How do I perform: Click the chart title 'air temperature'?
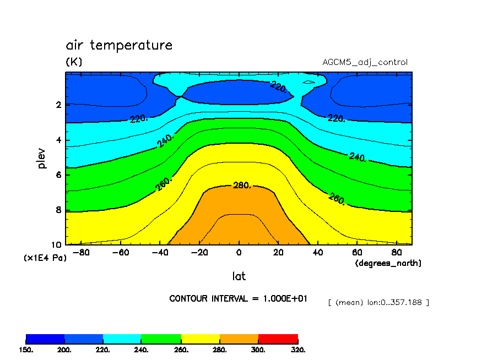pos(119,45)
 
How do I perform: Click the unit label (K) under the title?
pos(74,62)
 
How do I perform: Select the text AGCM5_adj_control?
pos(365,62)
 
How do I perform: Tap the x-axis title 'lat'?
pos(239,276)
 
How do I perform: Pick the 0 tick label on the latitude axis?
pos(239,253)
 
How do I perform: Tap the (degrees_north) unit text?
pos(388,263)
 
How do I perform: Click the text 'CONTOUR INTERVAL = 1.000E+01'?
pos(238,298)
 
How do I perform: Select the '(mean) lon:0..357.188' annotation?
pos(378,302)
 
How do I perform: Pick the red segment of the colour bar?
pos(278,339)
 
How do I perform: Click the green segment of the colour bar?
pos(161,339)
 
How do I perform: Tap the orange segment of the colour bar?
pos(239,339)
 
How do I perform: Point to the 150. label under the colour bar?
pos(26,350)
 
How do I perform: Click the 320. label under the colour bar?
pos(297,350)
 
